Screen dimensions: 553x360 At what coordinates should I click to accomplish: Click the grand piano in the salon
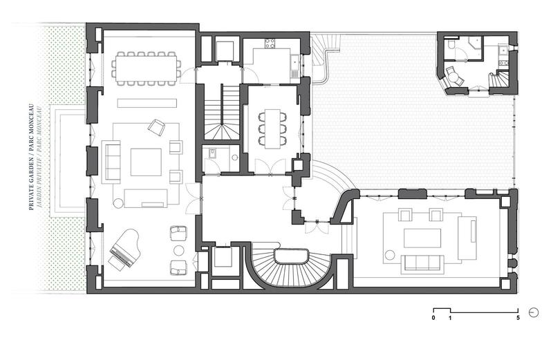tap(124, 249)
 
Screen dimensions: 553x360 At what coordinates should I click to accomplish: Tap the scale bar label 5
tap(518, 318)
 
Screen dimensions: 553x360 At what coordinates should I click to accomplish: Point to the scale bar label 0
tap(433, 318)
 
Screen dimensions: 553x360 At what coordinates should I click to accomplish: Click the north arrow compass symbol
tap(534, 312)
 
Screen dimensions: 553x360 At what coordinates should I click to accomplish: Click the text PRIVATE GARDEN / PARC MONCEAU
tap(30, 157)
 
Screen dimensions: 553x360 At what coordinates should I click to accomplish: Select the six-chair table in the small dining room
tap(272, 129)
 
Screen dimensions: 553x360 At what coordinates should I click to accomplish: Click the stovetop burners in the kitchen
tap(270, 44)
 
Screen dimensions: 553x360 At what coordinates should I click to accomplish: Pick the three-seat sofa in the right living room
tap(422, 263)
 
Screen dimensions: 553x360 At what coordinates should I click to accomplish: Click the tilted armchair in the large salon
tap(156, 127)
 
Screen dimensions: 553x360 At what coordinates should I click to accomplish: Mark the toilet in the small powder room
tap(213, 153)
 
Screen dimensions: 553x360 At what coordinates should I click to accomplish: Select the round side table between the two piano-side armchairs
tap(179, 250)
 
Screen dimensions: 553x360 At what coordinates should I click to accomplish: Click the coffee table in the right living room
tap(422, 238)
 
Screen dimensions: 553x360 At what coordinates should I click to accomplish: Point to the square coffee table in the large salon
tap(146, 162)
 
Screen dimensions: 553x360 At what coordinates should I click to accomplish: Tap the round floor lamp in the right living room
tap(390, 255)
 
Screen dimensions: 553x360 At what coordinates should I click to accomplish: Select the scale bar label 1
tap(450, 318)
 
